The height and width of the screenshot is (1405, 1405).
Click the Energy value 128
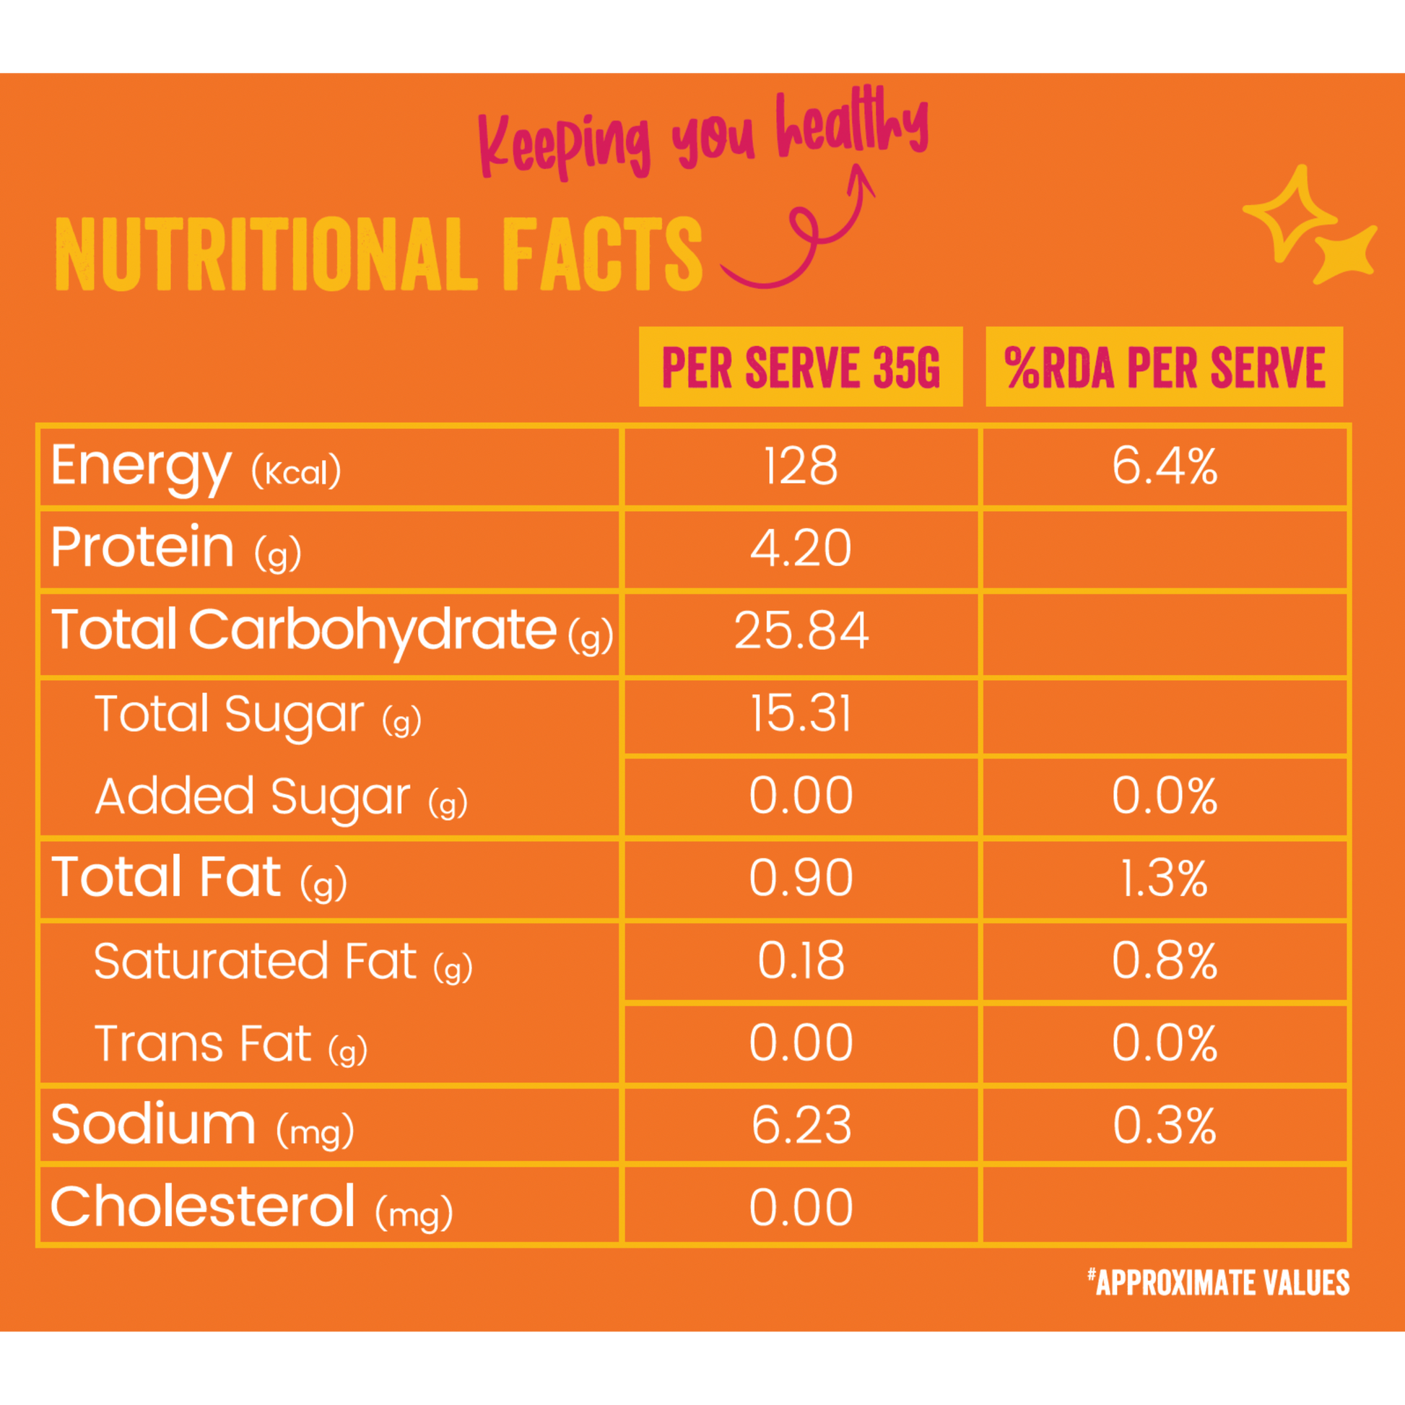tap(800, 466)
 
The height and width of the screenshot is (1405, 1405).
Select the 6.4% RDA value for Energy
tap(1165, 466)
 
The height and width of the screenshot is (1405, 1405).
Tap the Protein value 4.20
tap(800, 548)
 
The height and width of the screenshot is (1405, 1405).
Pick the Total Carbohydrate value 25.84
tap(801, 630)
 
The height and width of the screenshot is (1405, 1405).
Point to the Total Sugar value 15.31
tap(800, 713)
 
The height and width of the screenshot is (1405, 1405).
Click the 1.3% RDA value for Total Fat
tap(1164, 879)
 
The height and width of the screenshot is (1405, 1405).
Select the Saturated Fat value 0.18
tap(801, 961)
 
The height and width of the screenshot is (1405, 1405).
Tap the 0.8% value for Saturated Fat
tap(1165, 961)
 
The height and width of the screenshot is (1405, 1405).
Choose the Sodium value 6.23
tap(801, 1126)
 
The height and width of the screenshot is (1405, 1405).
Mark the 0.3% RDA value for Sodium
tap(1165, 1126)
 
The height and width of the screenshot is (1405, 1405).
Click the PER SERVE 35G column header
tap(801, 367)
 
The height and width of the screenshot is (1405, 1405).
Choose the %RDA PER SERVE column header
tap(1164, 367)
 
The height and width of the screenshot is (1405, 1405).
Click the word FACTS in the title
tap(602, 254)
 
